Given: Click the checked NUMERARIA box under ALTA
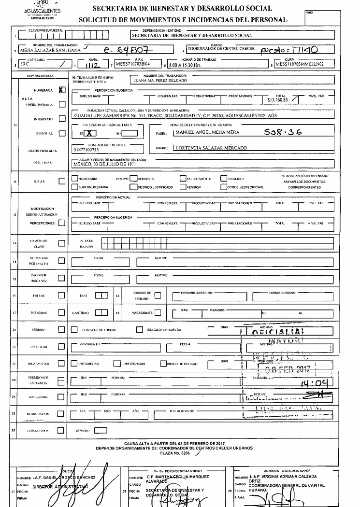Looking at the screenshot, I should [x=61, y=90].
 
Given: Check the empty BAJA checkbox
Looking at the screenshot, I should [x=61, y=181].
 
